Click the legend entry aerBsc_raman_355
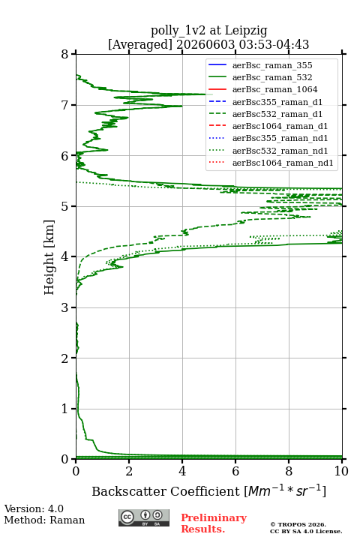[x=272, y=65]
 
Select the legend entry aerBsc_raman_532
[x=272, y=77]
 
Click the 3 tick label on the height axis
[x=65, y=307]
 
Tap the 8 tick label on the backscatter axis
[x=289, y=471]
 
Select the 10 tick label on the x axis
[x=342, y=471]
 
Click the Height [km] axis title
[x=49, y=257]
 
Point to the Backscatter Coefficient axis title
[x=208, y=490]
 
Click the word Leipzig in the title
[x=246, y=31]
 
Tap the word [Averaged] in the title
[x=140, y=44]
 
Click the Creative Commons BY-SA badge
[x=144, y=517]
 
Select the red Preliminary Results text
[x=214, y=523]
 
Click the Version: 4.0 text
[x=34, y=508]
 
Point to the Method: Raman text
[x=44, y=520]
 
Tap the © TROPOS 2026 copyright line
[x=298, y=524]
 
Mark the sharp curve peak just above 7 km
[x=211, y=94]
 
